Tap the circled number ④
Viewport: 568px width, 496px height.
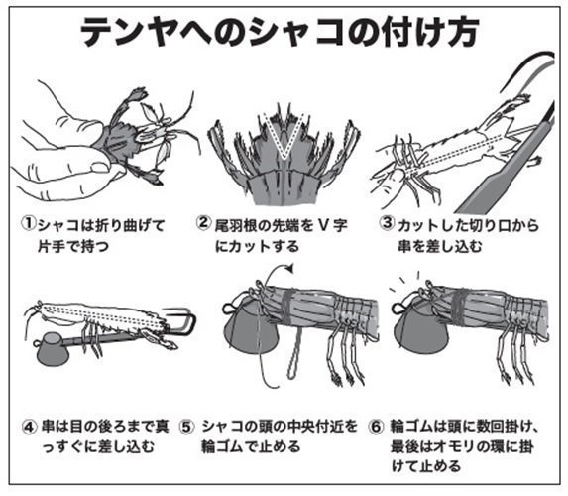(x=30, y=426)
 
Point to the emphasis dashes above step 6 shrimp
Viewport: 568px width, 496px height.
(x=401, y=279)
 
